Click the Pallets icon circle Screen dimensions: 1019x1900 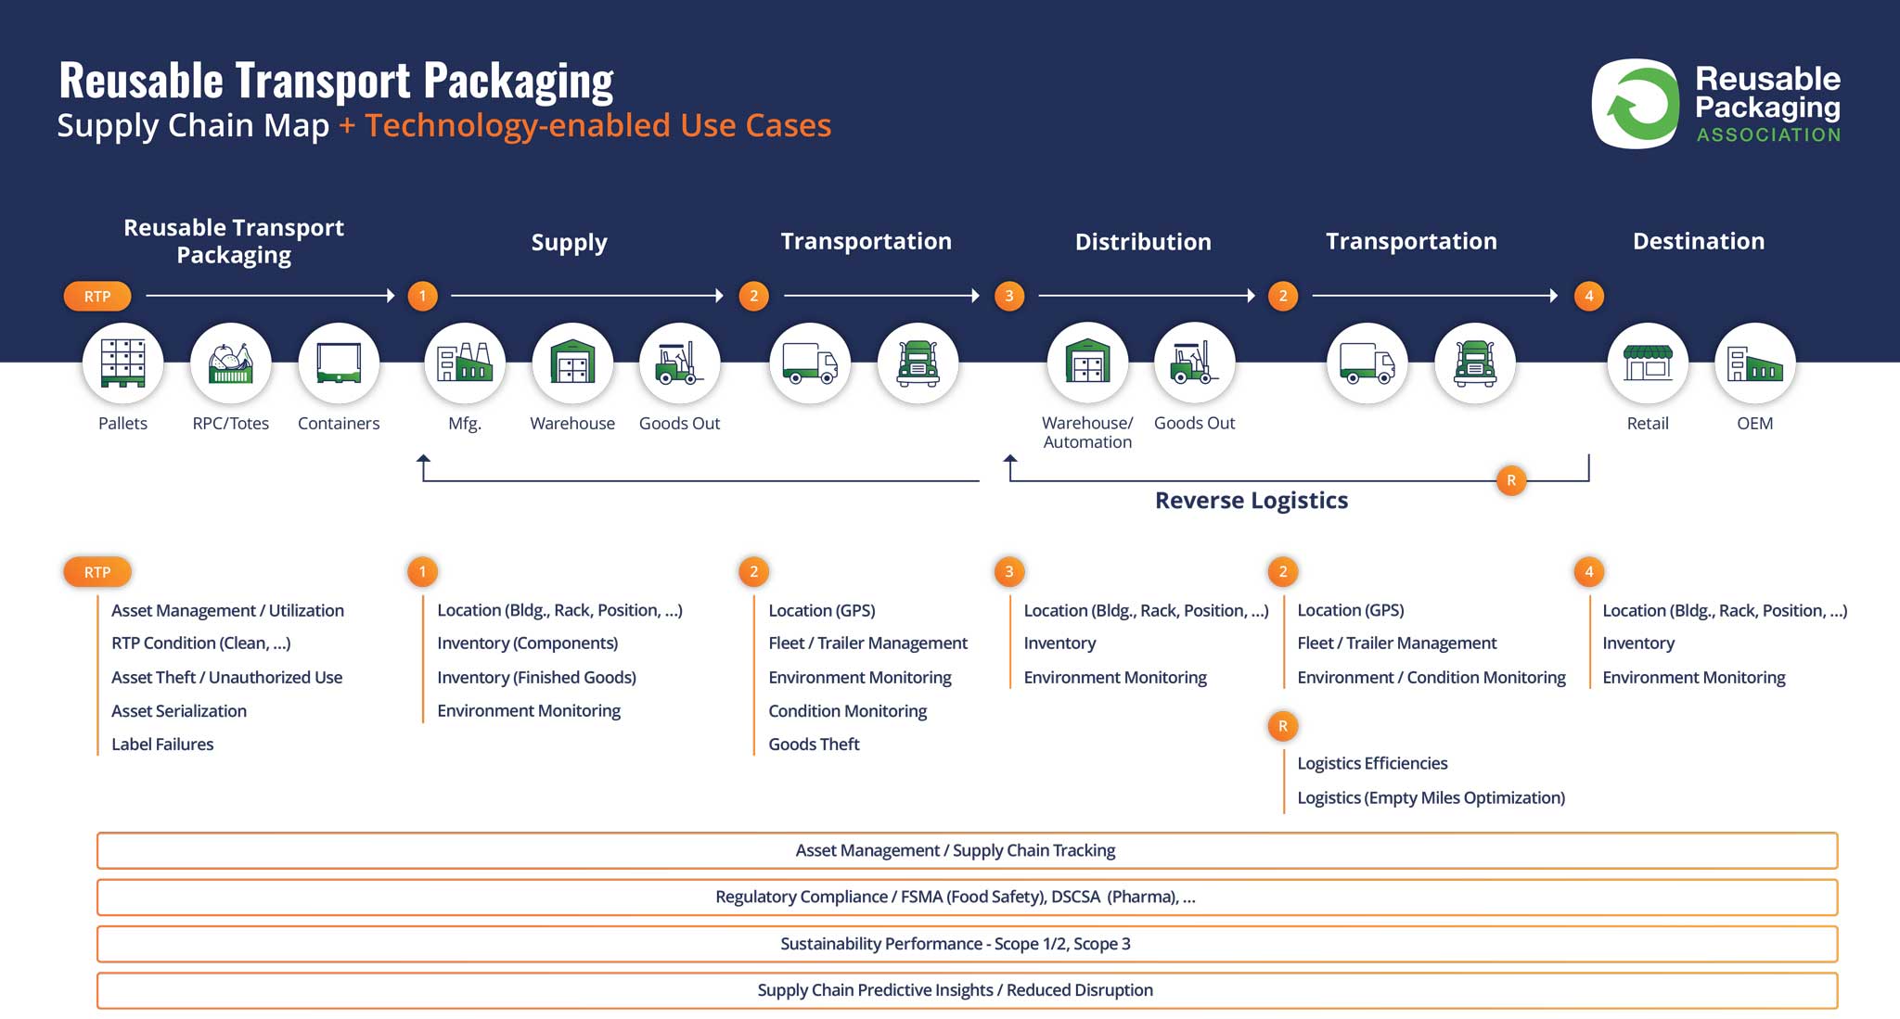pos(123,363)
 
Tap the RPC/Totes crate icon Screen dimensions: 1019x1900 pos(231,363)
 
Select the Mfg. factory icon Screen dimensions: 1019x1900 pos(465,363)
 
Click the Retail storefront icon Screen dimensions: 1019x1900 pos(1648,363)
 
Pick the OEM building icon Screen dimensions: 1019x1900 pos(1755,363)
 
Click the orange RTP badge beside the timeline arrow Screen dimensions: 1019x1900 pos(97,296)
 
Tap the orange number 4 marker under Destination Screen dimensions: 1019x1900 pos(1589,296)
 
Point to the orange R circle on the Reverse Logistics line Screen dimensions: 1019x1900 pos(1511,480)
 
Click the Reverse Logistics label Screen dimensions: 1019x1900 pos(1252,501)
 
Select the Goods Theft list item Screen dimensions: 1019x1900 pos(814,744)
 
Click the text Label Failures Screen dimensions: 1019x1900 pos(162,744)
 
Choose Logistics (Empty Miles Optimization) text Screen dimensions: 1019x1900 pos(1431,797)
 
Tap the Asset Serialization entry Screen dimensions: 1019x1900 pos(179,711)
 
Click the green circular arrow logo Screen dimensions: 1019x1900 pos(1637,104)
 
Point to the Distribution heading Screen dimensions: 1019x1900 pos(1143,242)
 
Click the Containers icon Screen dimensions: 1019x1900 pos(339,363)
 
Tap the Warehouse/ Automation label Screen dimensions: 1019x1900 pos(1087,432)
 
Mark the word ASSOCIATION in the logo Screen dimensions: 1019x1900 pos(1768,135)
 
